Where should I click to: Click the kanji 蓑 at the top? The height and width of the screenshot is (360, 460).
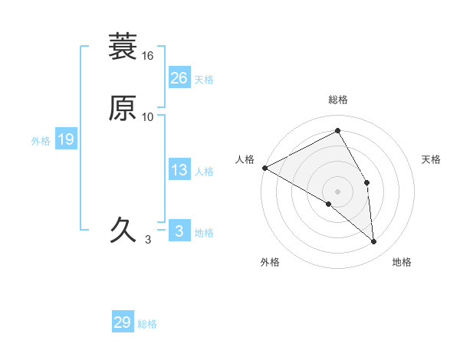[123, 47]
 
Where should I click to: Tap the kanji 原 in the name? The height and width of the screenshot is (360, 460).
[123, 108]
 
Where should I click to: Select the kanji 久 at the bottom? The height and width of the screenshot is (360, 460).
[123, 229]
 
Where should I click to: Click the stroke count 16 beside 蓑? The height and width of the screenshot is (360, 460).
[148, 56]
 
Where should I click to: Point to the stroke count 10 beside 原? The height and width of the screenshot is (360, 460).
[148, 116]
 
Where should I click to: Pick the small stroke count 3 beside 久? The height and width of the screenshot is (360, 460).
[148, 239]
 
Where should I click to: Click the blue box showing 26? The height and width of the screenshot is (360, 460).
[179, 78]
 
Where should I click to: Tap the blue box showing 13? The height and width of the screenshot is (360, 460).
[179, 170]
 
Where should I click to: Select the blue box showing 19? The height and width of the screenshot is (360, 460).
[66, 139]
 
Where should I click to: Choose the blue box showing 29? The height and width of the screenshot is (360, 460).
[123, 322]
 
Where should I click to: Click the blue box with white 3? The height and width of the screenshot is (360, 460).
[179, 231]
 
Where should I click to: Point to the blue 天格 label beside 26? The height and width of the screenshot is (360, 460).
[204, 80]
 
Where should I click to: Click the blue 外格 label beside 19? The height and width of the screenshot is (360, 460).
[41, 141]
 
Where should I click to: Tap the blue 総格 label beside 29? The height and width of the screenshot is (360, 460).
[147, 324]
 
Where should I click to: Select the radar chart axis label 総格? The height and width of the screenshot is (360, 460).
[338, 100]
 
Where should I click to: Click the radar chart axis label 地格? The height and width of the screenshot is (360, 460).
[402, 263]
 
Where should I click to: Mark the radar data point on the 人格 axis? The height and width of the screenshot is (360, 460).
[264, 168]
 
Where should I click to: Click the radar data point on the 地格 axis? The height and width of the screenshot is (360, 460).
[374, 242]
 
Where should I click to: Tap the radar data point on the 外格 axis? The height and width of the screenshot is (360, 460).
[329, 204]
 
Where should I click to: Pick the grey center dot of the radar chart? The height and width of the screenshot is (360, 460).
[338, 191]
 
